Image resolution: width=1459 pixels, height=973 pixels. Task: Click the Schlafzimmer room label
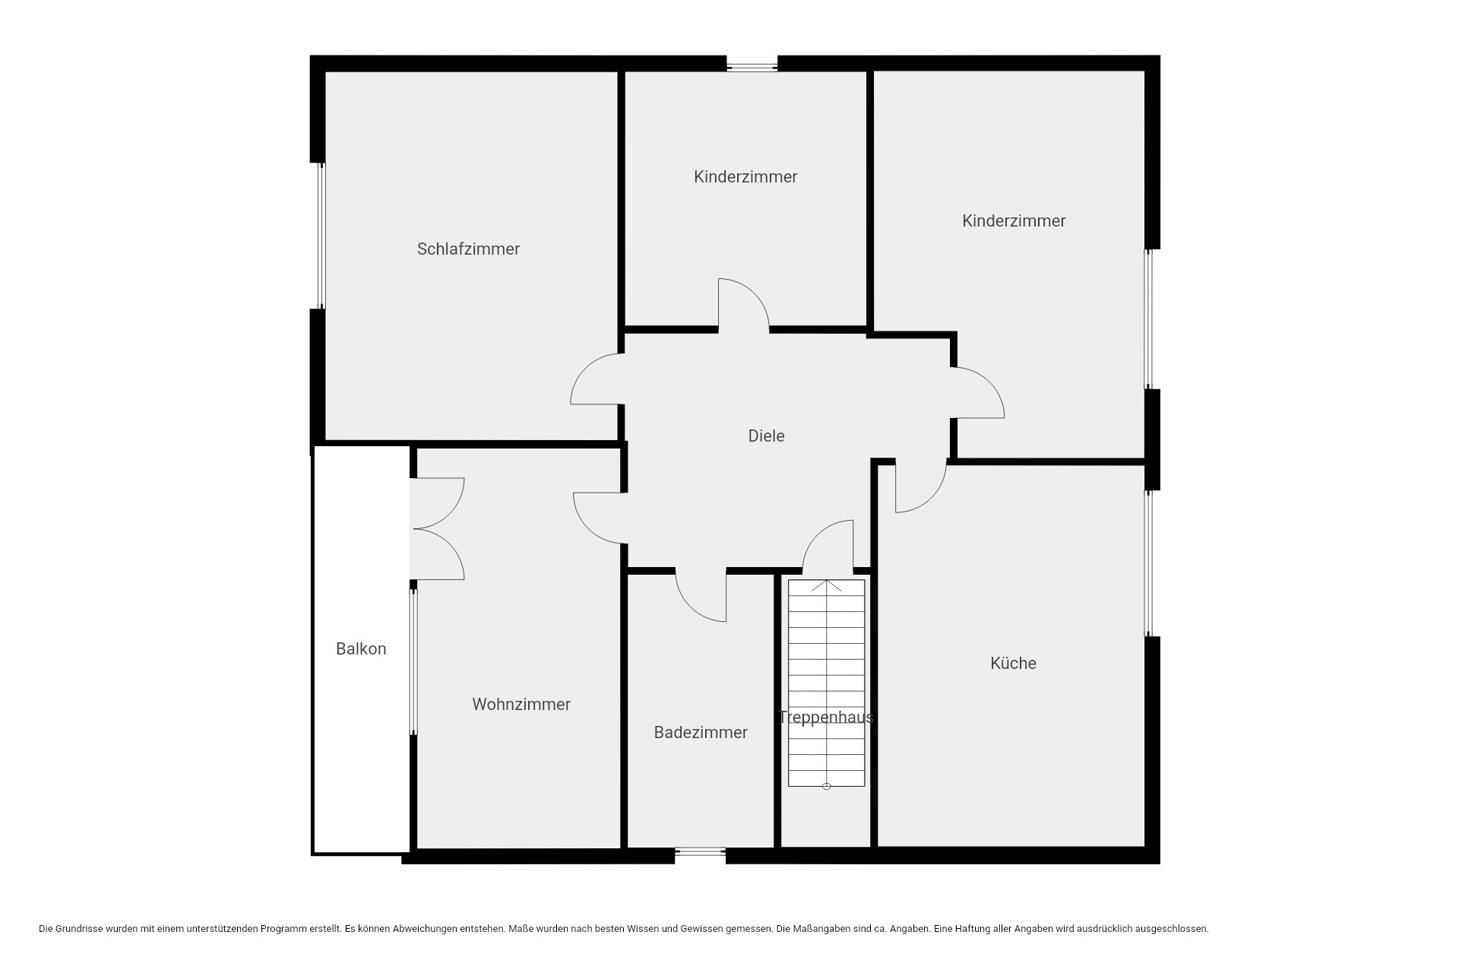(468, 249)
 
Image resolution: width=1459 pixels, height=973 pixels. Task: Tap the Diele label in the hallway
(766, 436)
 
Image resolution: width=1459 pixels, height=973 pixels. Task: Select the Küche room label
(1013, 663)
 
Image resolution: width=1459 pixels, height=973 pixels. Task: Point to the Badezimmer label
(701, 732)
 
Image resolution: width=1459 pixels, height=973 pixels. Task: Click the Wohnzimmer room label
(521, 704)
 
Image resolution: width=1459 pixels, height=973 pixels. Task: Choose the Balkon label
(361, 648)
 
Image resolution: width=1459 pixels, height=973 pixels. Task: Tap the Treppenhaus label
(826, 717)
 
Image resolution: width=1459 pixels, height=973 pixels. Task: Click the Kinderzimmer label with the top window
(745, 176)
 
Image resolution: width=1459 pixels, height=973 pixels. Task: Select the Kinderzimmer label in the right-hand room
(1014, 220)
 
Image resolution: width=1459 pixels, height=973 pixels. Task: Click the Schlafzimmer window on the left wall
(321, 236)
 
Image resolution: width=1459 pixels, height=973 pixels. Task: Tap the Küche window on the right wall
(1149, 563)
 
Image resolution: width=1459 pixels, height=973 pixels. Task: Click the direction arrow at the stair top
(826, 586)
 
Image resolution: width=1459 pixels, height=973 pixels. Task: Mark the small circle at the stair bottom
(827, 786)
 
